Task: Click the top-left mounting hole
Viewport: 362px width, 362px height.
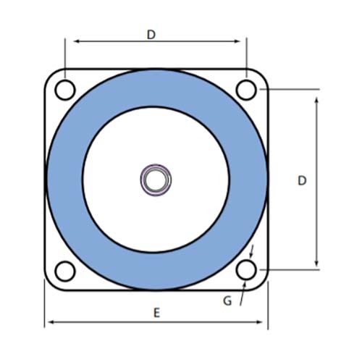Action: click(x=65, y=90)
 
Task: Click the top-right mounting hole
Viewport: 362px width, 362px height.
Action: click(x=247, y=90)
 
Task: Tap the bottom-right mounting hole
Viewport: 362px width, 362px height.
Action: click(x=247, y=271)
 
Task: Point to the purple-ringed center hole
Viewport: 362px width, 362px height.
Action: click(x=156, y=179)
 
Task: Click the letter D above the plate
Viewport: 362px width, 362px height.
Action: click(x=151, y=34)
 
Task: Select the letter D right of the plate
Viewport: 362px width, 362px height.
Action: click(x=302, y=180)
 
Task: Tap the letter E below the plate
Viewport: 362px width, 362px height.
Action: click(x=156, y=313)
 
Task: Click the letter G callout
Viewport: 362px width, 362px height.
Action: click(x=227, y=300)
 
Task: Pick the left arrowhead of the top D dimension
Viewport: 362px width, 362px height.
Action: click(x=70, y=42)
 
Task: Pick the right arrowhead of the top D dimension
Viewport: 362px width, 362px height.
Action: click(x=242, y=42)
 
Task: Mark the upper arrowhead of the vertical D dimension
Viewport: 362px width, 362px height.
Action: click(x=316, y=95)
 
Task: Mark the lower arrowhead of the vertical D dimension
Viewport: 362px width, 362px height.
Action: click(x=316, y=265)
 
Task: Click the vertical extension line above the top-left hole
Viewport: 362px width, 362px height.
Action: click(x=65, y=58)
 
